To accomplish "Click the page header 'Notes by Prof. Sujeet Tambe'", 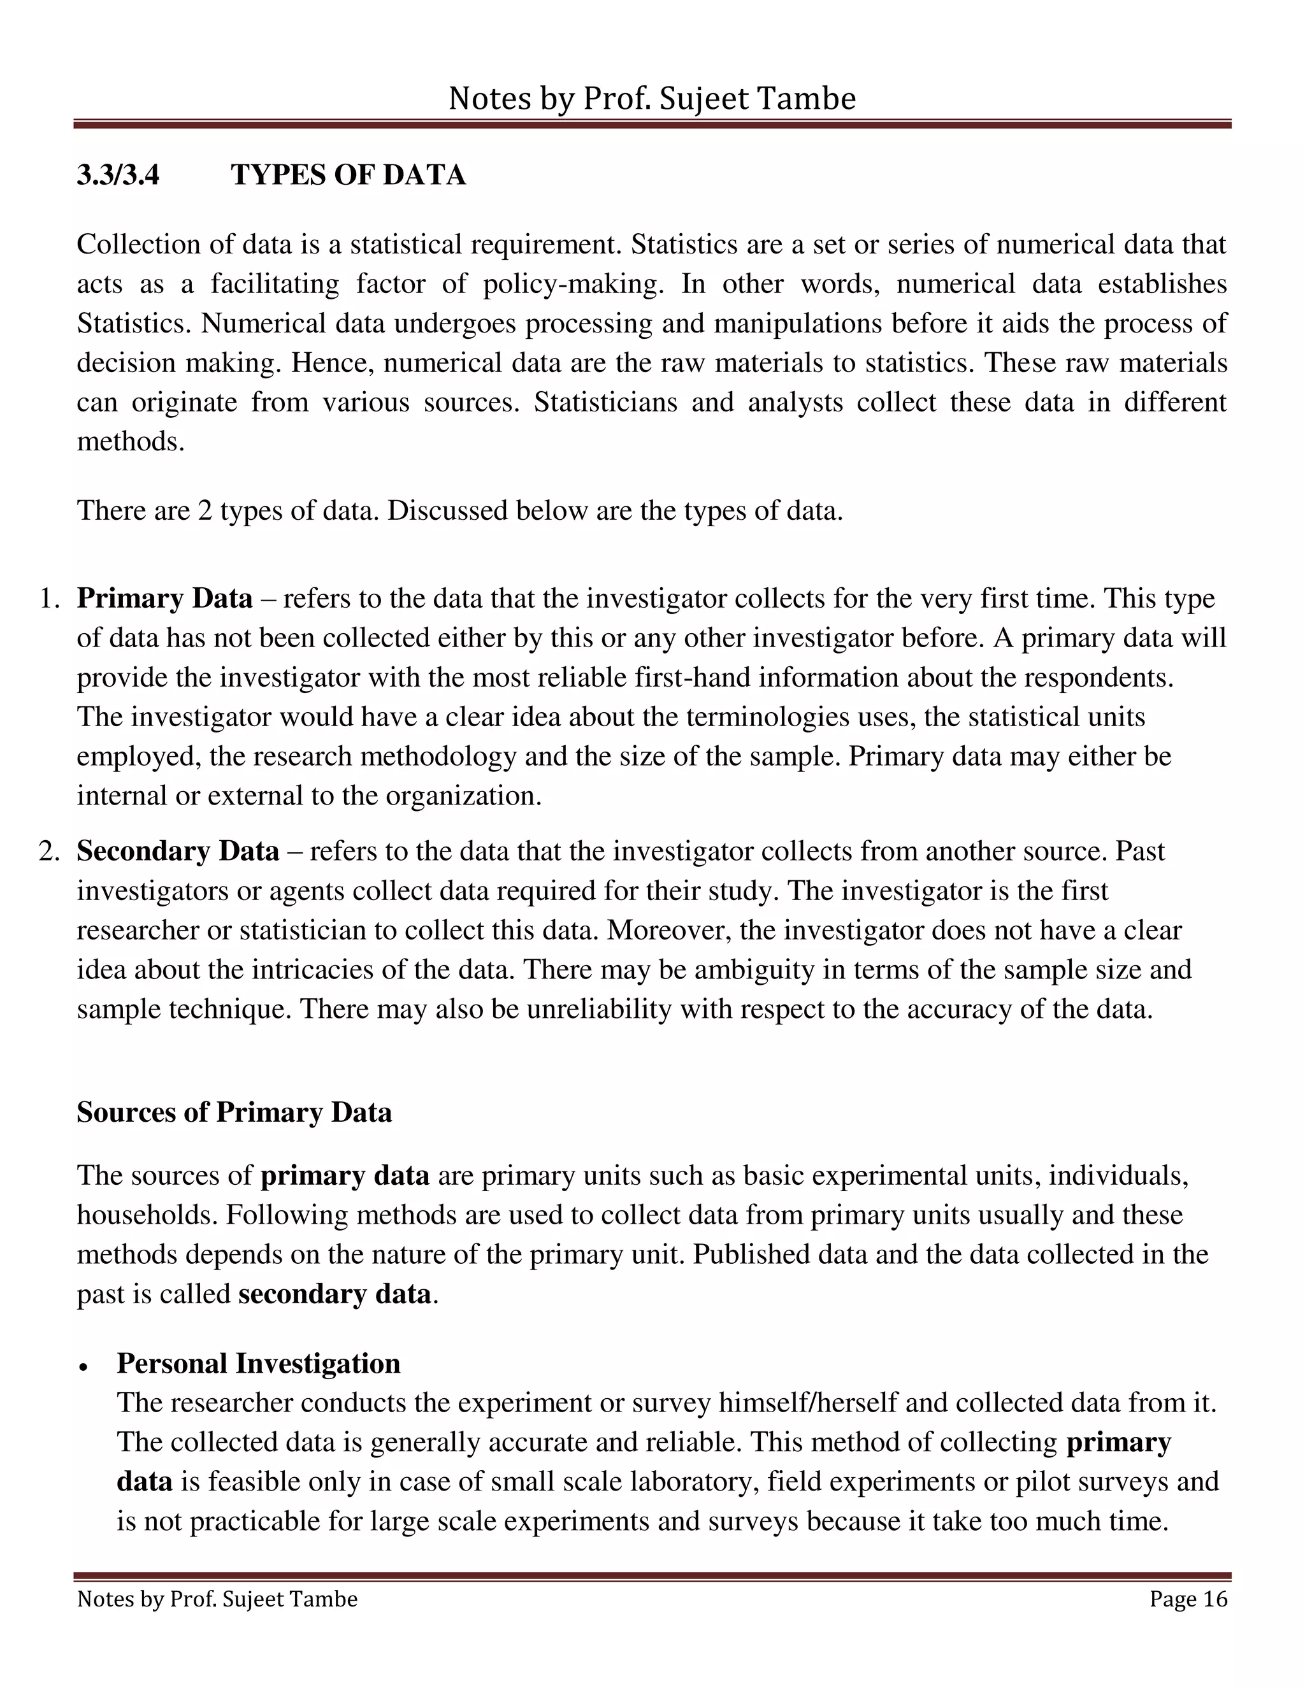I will coord(652,99).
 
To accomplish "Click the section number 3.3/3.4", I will coord(119,175).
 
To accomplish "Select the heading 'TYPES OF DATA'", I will coord(348,175).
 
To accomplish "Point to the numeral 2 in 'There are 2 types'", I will coord(205,511).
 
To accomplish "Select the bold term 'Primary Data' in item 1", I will coord(164,599).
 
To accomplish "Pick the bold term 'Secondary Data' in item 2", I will coord(177,852).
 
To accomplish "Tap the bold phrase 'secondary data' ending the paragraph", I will coord(334,1294).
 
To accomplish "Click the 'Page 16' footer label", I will coord(1188,1599).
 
